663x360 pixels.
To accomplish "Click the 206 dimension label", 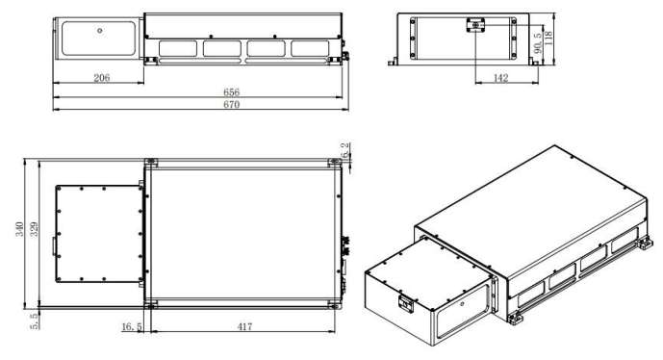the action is (101, 78).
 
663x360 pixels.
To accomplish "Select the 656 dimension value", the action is (231, 92).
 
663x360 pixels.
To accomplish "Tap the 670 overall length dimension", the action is (231, 105).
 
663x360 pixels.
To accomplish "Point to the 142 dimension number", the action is (500, 78).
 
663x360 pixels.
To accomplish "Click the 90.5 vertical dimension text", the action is (538, 42).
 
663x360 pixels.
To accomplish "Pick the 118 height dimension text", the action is (548, 39).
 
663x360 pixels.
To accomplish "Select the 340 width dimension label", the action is (19, 229).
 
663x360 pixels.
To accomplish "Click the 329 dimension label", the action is (34, 229).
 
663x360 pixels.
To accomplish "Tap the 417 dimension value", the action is (244, 326).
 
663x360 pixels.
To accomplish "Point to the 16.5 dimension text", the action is (132, 326).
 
